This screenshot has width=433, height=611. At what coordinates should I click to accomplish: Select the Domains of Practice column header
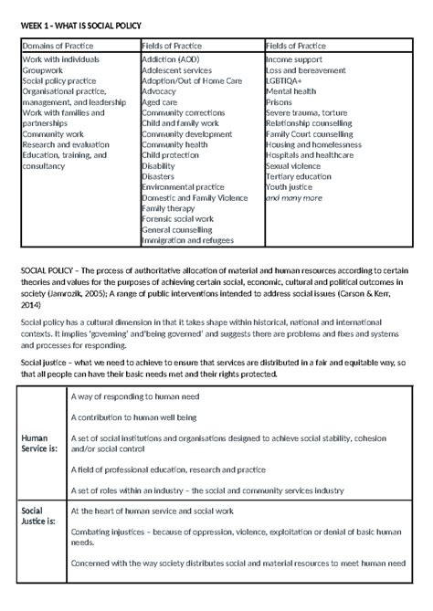(55, 45)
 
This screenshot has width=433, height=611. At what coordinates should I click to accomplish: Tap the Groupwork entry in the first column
(43, 68)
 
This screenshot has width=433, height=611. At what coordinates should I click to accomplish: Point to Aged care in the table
(160, 101)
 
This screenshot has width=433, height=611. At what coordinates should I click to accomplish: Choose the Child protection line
(171, 155)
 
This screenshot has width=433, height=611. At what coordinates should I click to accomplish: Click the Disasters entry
(161, 176)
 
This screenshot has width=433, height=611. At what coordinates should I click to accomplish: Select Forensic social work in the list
(177, 219)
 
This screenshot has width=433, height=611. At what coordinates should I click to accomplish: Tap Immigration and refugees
(188, 241)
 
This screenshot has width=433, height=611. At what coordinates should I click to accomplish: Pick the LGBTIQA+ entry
(285, 80)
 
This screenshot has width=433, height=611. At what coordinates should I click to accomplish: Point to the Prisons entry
(280, 101)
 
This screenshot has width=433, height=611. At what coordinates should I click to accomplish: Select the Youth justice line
(289, 187)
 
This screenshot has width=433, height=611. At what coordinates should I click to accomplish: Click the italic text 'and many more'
(293, 197)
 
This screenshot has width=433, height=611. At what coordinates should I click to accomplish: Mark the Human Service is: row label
(38, 442)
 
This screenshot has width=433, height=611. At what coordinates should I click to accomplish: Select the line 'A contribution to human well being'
(133, 417)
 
